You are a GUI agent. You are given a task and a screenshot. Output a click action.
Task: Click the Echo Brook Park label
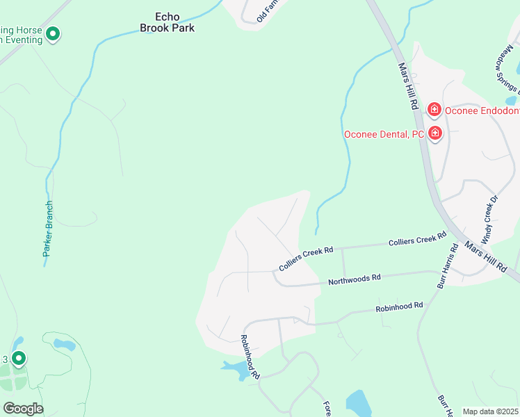pos(167,22)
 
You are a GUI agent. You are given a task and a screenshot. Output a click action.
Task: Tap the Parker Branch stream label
pos(49,229)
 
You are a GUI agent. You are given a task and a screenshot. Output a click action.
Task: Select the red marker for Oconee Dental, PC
pos(435,133)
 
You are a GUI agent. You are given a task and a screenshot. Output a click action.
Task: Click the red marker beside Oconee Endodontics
pos(434,109)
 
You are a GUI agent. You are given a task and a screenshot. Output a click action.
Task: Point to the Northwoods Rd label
pos(355,279)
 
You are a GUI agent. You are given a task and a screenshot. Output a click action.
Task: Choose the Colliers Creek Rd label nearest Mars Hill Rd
pos(417,240)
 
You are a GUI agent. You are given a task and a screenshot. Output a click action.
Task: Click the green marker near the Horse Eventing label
pos(53,33)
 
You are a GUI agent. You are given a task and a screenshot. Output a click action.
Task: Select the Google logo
pos(22,408)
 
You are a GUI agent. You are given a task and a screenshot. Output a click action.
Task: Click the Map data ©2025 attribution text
pos(491,411)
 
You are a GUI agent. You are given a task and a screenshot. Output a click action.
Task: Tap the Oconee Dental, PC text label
pos(384,134)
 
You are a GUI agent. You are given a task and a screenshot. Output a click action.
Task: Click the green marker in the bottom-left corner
pos(18,359)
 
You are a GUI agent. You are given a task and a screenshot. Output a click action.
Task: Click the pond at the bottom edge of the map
pos(358,403)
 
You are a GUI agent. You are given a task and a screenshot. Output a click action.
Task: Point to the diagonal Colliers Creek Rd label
pos(306,259)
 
